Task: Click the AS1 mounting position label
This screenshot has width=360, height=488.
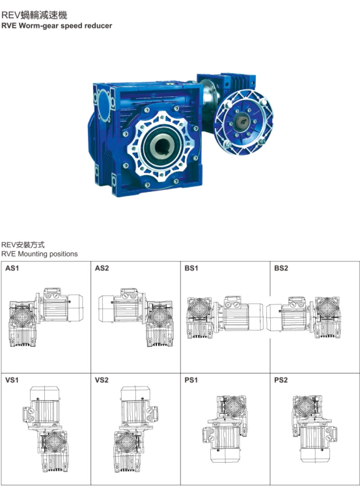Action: click(12, 268)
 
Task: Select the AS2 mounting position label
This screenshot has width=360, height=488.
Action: click(102, 268)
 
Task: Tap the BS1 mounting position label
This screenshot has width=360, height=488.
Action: click(191, 268)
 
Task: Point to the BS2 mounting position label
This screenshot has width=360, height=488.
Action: click(281, 268)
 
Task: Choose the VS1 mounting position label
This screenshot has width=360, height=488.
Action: click(12, 380)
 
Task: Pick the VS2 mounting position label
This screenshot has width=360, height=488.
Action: click(102, 380)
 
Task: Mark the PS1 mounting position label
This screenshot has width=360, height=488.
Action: click(191, 380)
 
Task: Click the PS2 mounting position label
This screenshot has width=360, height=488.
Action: click(281, 380)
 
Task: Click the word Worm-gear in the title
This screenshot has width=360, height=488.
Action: click(38, 26)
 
